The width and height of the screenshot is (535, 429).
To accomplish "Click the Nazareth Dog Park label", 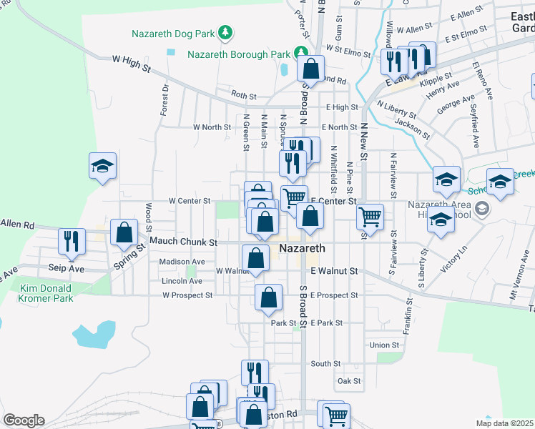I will pos(174,33).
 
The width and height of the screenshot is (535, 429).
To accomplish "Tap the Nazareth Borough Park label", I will pos(240,54).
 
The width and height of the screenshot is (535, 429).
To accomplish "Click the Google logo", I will pos(24,420).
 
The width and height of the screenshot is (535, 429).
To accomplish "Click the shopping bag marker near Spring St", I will pos(124,232).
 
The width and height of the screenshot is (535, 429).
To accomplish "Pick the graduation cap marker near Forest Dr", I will pos(102,167).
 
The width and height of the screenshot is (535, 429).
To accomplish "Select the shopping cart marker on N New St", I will pos(370,216).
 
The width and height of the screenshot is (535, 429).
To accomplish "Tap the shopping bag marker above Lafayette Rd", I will pos(310,69).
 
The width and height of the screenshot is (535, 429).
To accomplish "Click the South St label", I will pos(325,364).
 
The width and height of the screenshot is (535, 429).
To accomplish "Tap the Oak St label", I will pos(349,381).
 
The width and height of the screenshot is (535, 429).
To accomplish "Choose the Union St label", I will pos(384,345).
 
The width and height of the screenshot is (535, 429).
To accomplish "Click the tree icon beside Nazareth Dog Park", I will pos(225,32).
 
